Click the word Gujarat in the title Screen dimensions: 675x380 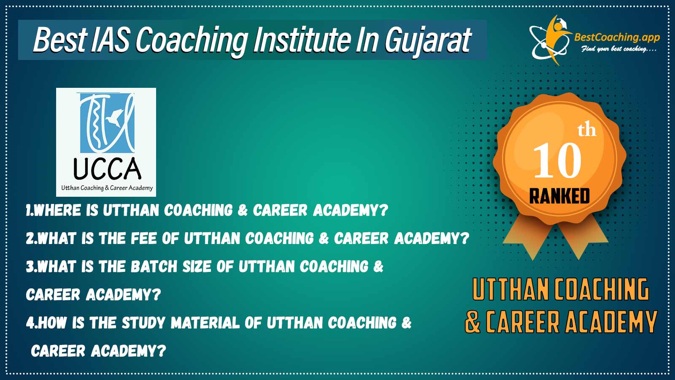428,40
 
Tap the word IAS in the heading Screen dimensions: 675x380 110,40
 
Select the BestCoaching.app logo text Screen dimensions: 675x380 617,37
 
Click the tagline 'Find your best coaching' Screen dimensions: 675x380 618,49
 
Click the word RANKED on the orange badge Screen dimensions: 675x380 559,196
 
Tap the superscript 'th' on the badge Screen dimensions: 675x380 587,130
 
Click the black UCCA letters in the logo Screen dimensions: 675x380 107,169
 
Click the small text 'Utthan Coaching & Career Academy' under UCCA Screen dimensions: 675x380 107,188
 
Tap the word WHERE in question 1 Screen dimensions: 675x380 57,210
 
